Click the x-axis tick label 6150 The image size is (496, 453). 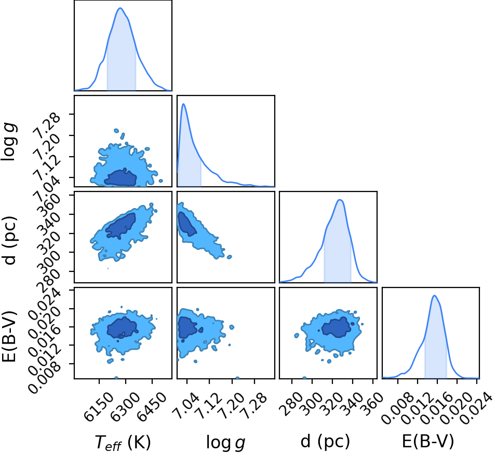(x=98, y=407)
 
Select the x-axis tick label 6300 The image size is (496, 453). (x=125, y=407)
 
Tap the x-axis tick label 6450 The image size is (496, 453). (x=152, y=407)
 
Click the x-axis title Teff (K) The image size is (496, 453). (x=123, y=442)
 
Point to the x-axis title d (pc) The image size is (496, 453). (x=325, y=441)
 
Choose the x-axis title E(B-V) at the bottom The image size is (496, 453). (x=428, y=441)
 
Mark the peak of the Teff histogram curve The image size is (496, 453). (x=120, y=8)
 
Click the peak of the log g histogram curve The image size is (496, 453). (x=183, y=104)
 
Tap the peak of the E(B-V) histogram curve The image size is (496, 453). (x=434, y=296)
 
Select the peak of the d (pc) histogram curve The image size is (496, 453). (x=340, y=200)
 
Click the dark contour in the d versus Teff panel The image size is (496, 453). (x=120, y=225)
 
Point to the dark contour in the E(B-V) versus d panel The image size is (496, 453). (x=338, y=327)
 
